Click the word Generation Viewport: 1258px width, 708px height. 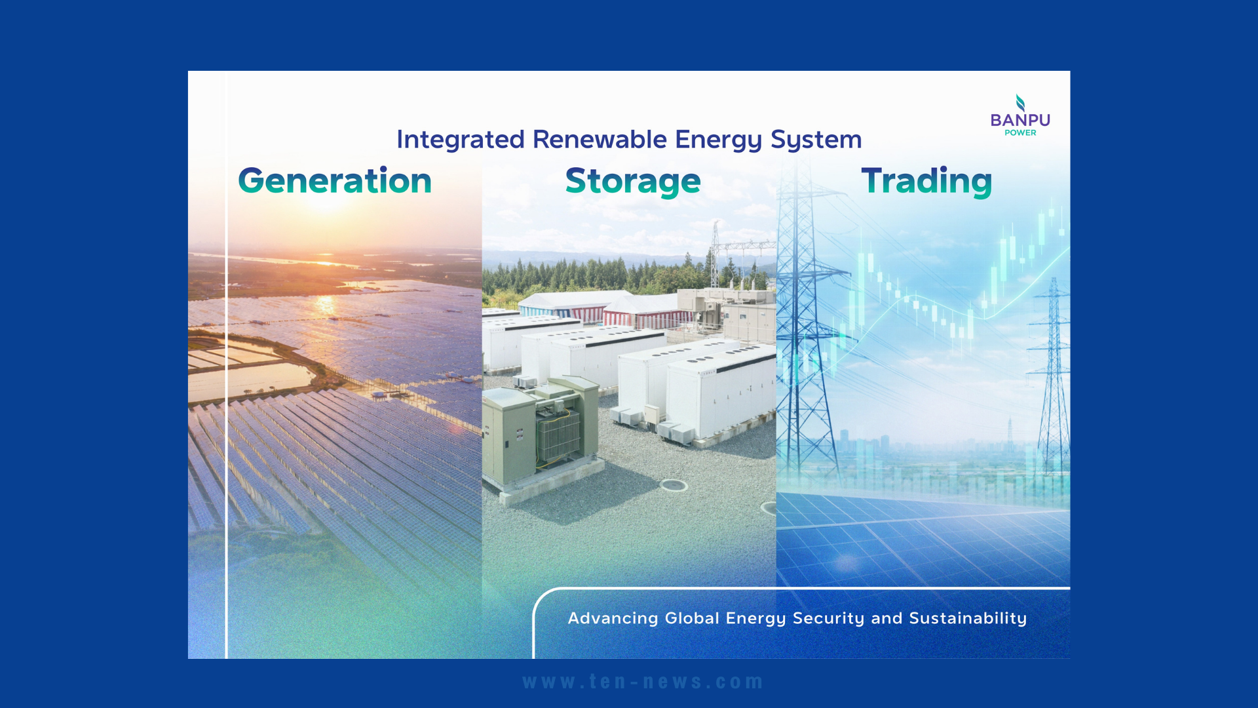[x=335, y=181]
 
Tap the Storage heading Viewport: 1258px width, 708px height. [x=633, y=182]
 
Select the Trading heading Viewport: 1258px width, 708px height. [x=926, y=182]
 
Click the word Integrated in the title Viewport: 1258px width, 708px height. [x=460, y=140]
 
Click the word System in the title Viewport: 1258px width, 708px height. [x=816, y=140]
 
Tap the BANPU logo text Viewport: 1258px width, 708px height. [x=1020, y=120]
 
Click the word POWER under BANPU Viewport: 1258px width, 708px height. [x=1020, y=132]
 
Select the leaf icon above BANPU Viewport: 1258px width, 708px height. [x=1020, y=103]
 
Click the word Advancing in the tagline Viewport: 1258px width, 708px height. [x=613, y=618]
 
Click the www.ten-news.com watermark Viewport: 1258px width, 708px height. [x=643, y=682]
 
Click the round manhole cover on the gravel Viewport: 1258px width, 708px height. [x=674, y=485]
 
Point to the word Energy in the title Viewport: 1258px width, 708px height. [x=718, y=140]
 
